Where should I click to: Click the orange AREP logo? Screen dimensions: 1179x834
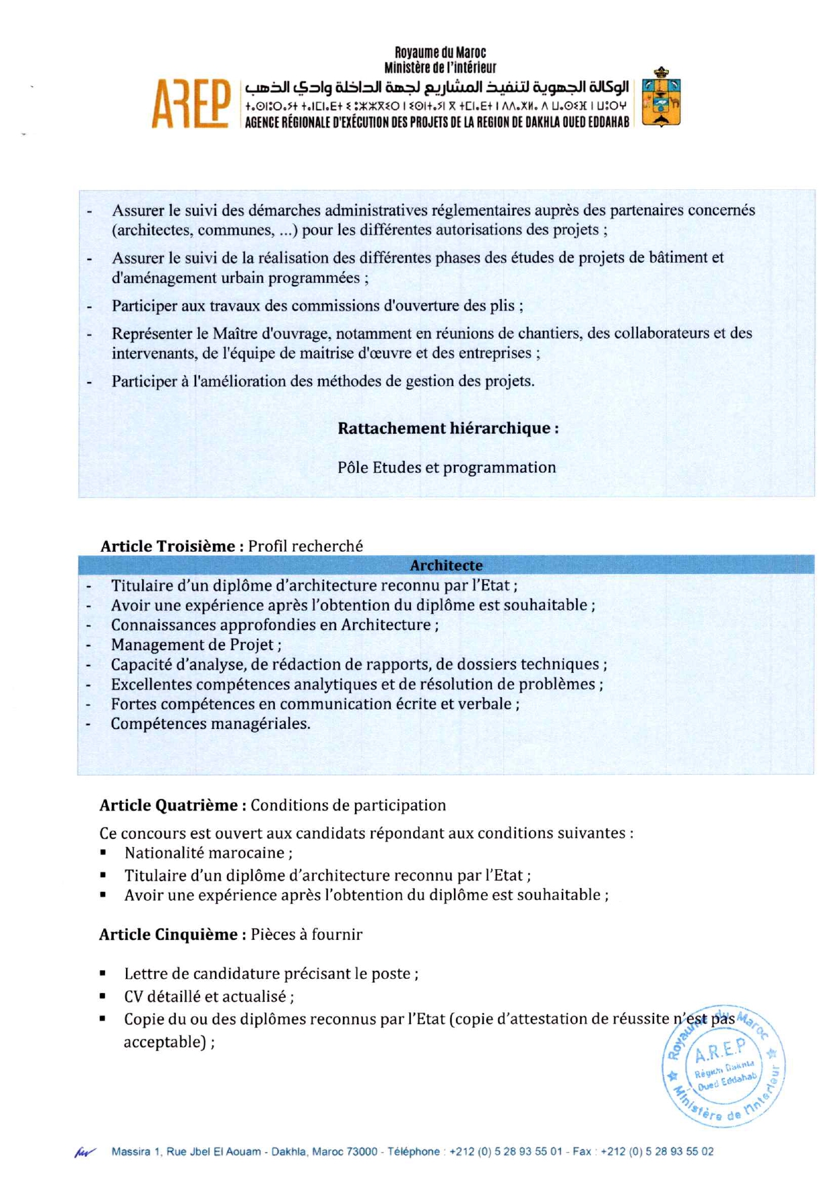191,104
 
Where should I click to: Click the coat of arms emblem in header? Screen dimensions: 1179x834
661,97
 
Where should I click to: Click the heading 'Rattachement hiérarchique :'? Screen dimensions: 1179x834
448,428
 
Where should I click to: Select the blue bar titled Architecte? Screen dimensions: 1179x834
446,565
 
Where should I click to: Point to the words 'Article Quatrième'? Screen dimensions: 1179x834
168,805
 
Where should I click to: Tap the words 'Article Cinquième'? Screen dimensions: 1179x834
168,934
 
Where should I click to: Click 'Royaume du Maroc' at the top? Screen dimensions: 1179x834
440,53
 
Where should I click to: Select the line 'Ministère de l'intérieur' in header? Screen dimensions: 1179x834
440,67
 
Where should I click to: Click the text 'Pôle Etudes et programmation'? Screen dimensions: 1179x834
447,468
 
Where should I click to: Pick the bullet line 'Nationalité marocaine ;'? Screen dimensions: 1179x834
208,853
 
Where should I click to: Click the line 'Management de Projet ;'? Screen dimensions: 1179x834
196,645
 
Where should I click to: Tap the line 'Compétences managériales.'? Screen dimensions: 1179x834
211,724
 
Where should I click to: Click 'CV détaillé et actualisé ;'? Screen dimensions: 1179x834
209,996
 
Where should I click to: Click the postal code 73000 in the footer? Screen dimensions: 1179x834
362,1151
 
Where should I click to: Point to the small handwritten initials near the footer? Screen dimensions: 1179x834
85,1153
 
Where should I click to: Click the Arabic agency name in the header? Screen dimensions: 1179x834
437,88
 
